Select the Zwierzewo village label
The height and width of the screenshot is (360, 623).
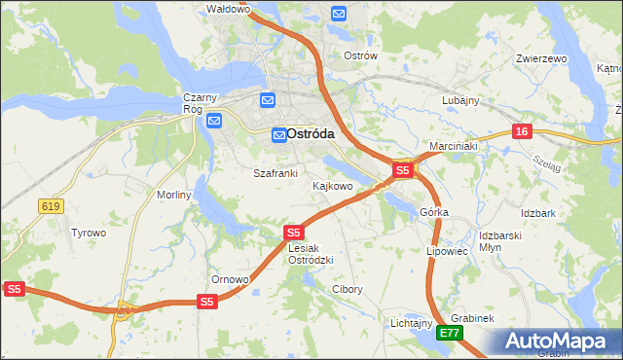541,58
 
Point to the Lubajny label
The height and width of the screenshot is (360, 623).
460,100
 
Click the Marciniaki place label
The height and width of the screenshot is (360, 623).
453,146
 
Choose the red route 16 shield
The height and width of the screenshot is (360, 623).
523,130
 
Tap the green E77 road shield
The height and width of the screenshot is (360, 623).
449,333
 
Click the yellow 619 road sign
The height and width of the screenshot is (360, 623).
52,206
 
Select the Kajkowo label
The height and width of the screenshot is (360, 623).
332,185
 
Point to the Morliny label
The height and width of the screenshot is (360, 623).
175,195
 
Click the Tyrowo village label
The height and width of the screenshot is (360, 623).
89,233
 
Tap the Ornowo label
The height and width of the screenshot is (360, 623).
232,279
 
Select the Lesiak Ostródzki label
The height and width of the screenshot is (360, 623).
311,254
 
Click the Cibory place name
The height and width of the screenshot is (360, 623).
348,289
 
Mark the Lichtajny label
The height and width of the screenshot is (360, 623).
411,322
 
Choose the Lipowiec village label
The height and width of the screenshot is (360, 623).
448,250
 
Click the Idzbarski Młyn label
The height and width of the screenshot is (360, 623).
502,241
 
